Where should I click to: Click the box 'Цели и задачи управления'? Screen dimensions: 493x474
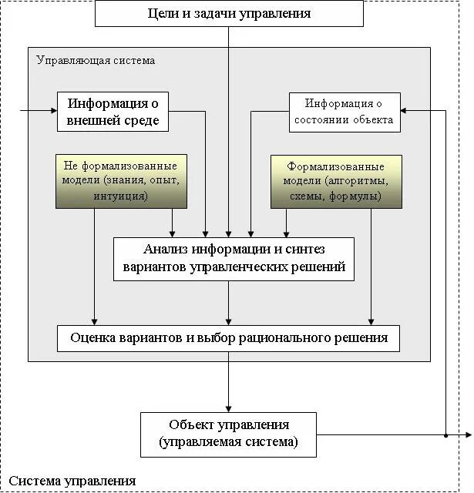pos(229,13)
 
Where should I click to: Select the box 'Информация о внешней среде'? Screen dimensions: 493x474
pos(113,112)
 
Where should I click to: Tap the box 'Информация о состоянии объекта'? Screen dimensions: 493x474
pos(345,112)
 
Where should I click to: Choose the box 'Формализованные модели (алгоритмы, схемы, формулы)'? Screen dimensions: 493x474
pos(336,181)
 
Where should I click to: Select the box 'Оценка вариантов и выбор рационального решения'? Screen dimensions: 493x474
pos(229,337)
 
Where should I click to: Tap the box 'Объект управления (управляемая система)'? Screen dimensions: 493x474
pos(228,434)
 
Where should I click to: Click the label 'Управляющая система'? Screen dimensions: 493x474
pos(96,60)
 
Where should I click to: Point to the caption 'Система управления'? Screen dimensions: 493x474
pos(72,481)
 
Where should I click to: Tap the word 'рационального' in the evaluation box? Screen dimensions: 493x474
pos(297,337)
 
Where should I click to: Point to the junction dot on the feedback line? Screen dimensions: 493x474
pos(446,435)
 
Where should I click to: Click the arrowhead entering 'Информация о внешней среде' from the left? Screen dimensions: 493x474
pos(54,110)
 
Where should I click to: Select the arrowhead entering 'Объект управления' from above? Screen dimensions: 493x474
pos(228,408)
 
